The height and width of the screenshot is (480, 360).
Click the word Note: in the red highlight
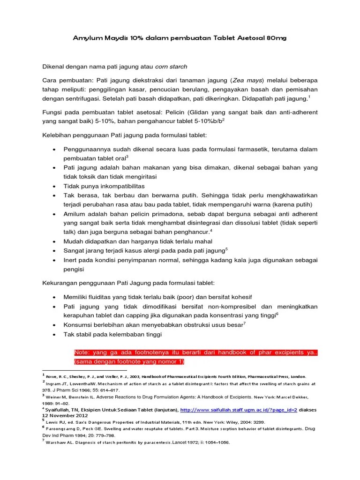83,352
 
